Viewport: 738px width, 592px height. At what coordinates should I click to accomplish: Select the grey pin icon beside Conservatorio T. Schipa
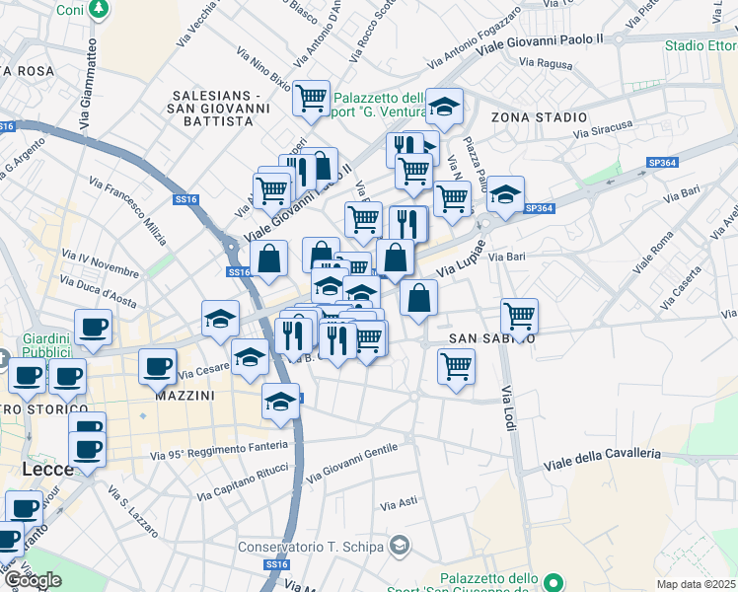[400, 545]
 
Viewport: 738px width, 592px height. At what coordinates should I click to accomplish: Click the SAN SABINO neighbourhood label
[492, 337]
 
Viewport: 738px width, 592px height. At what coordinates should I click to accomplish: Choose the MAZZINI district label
[185, 395]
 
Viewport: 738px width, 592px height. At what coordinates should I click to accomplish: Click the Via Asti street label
[400, 503]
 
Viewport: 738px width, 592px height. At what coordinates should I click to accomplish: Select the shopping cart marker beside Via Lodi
[519, 317]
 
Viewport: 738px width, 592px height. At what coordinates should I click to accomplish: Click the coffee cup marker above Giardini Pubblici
[93, 327]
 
